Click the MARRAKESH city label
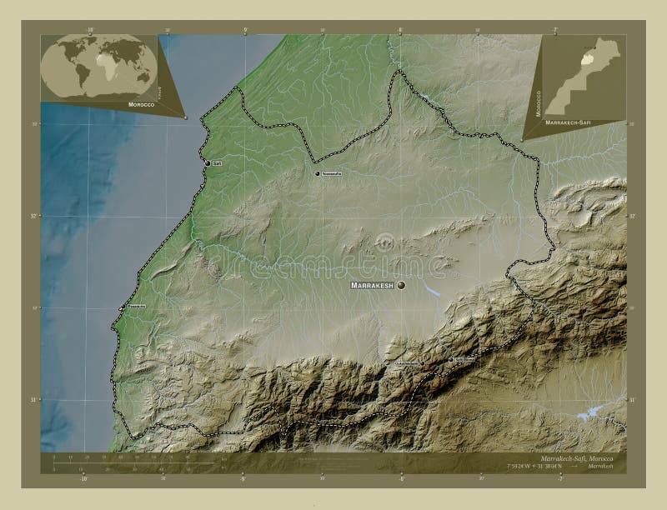(x=372, y=286)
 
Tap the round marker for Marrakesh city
(x=401, y=285)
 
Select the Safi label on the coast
(x=217, y=163)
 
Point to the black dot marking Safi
(x=208, y=162)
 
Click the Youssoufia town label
(x=331, y=173)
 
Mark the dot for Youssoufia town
(x=318, y=173)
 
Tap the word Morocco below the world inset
(x=140, y=105)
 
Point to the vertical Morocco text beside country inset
(x=538, y=103)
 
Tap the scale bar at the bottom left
(x=125, y=463)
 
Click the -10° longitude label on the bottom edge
(x=83, y=478)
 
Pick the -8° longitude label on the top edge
(x=399, y=30)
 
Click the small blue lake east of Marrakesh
(x=432, y=291)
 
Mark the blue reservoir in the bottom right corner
(x=593, y=412)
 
